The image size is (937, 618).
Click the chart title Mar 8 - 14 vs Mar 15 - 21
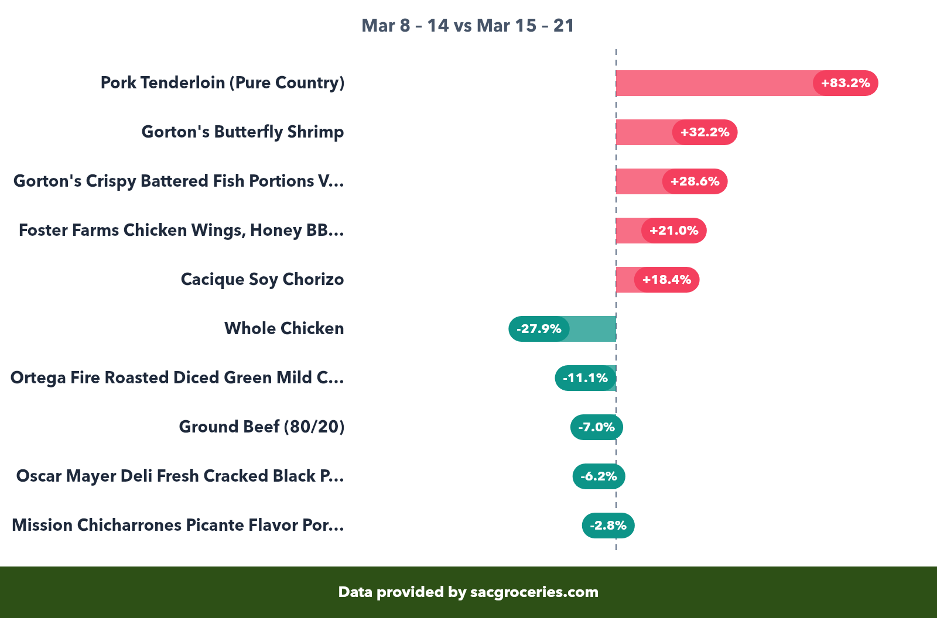point(468,26)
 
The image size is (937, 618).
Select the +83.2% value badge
point(845,83)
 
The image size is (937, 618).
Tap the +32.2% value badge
point(705,132)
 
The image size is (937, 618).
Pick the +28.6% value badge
point(695,181)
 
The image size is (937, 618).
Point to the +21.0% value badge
point(673,231)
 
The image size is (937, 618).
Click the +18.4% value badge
point(666,280)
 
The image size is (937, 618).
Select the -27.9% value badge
point(539,329)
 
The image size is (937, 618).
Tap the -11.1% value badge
point(585,378)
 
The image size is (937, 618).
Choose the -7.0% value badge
point(596,427)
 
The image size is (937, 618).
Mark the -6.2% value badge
point(599,476)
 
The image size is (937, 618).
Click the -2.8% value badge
point(608,526)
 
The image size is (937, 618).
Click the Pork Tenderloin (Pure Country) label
point(223,83)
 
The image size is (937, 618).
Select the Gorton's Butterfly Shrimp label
point(242,132)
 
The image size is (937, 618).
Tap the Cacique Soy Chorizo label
point(262,280)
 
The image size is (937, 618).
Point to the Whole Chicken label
point(284,329)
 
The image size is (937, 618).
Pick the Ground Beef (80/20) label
point(261,427)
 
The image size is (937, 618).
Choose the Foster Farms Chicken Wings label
point(181,231)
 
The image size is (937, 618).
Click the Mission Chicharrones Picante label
point(177,526)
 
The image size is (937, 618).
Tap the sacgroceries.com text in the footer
point(534,592)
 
